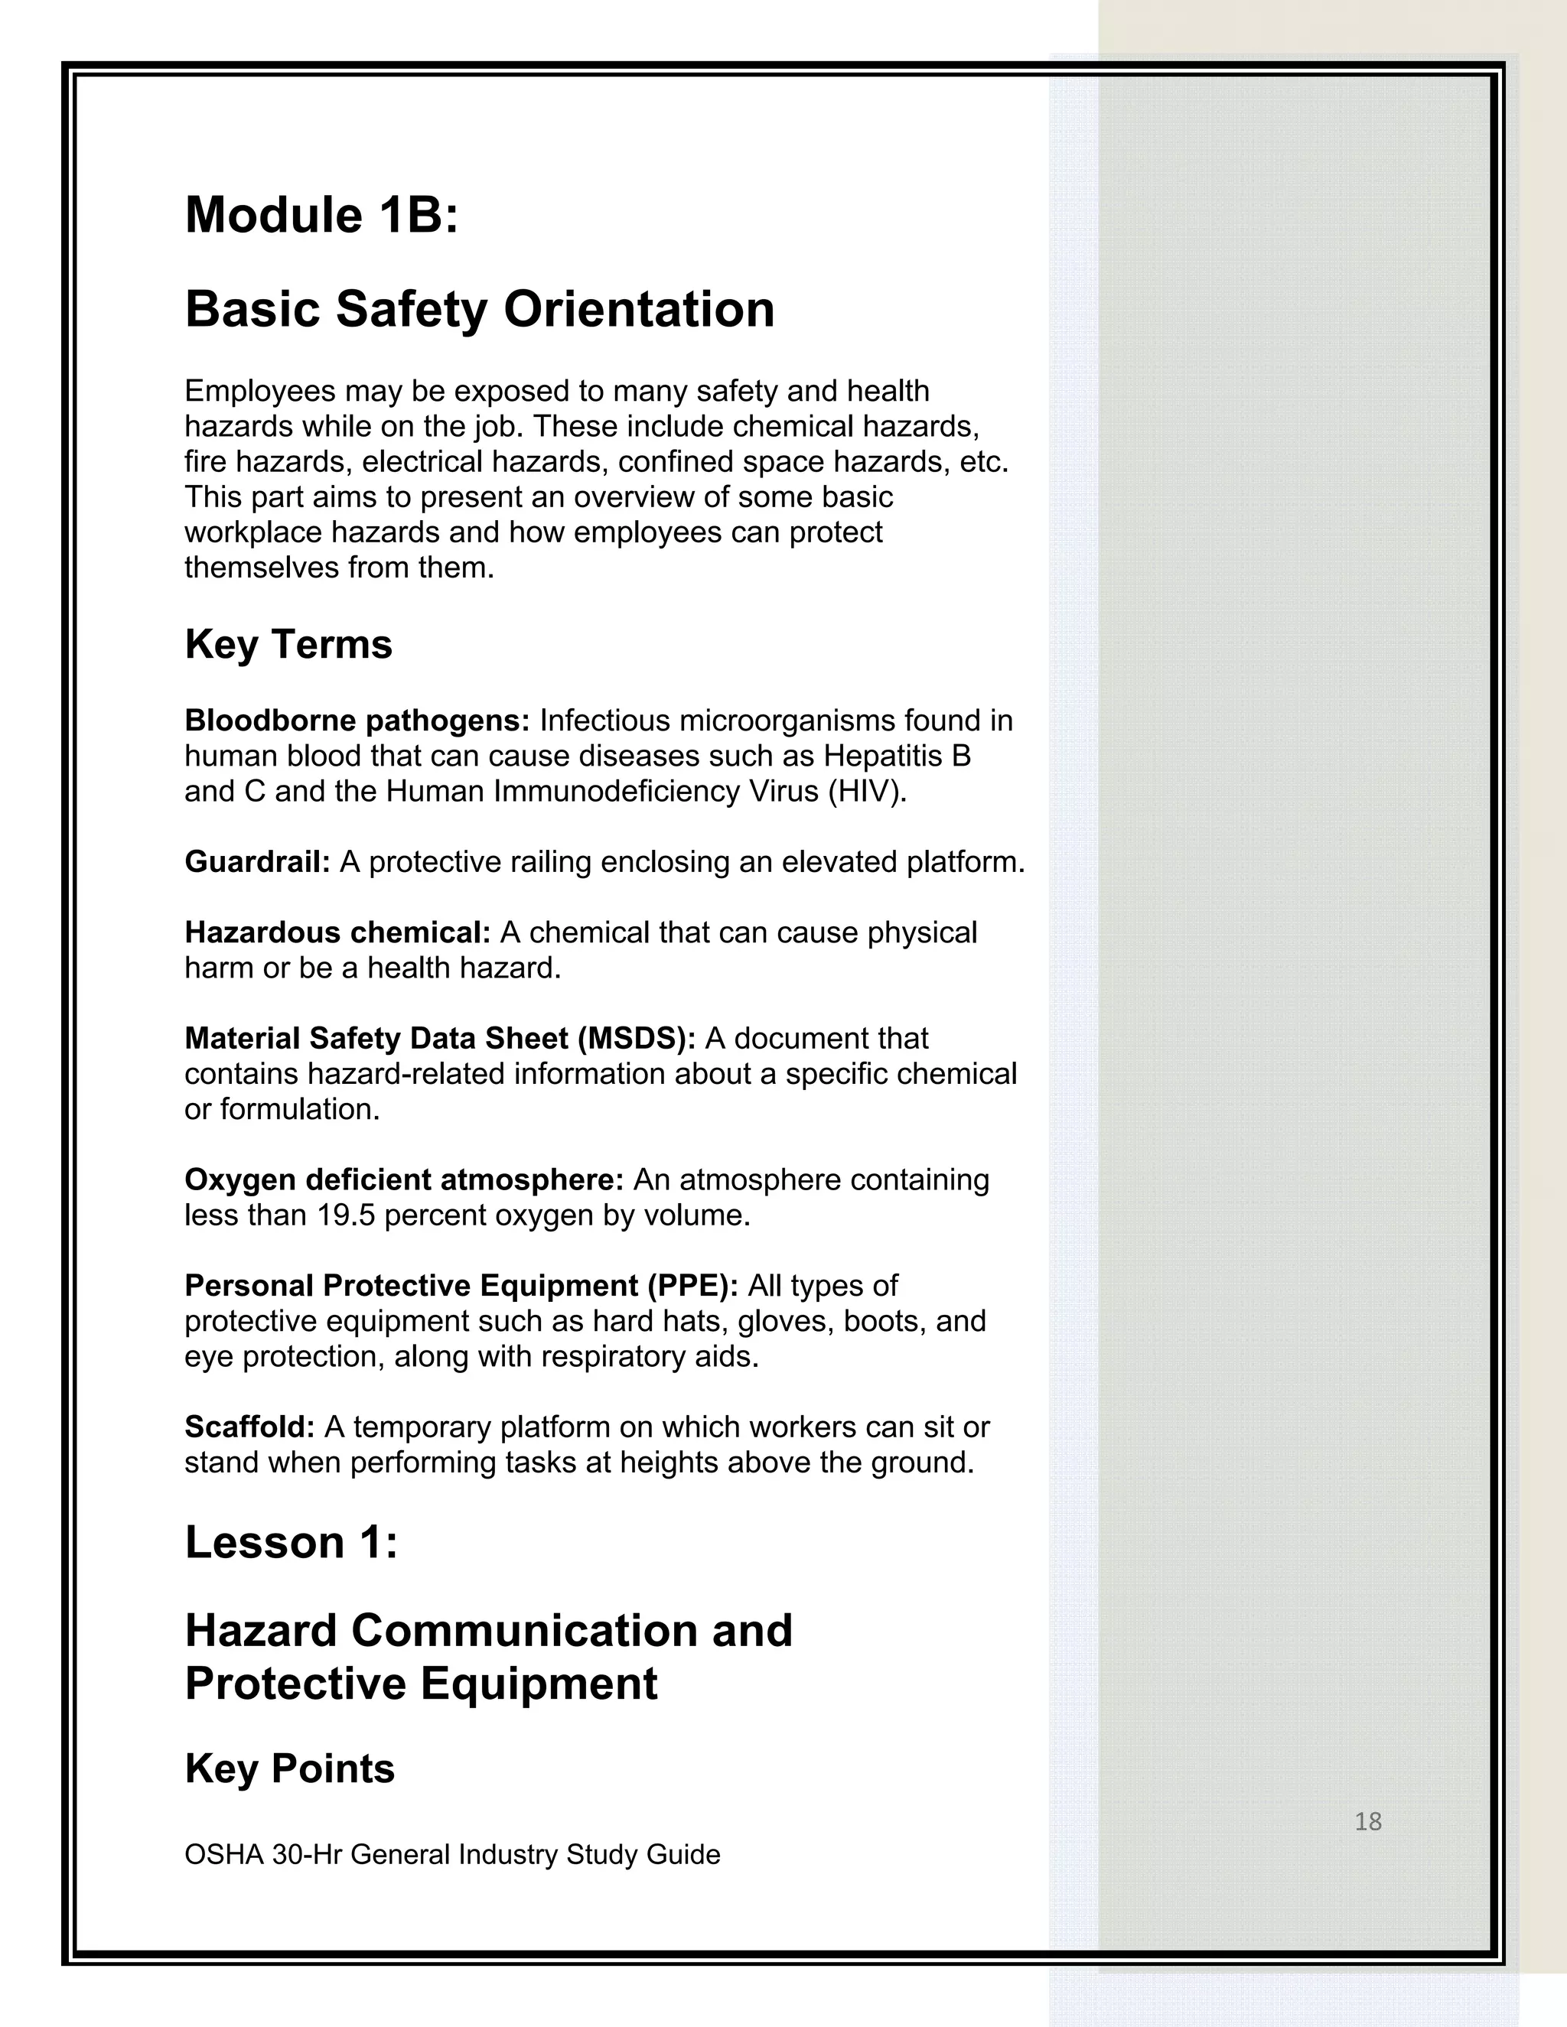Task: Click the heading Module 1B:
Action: coord(321,216)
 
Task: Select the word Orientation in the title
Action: coord(639,309)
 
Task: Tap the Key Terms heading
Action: coord(288,644)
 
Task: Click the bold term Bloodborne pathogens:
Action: coord(357,721)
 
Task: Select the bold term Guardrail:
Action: coord(257,862)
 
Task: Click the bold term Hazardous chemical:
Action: coord(337,932)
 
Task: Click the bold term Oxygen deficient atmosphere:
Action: coord(404,1179)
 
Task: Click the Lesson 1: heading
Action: coord(291,1543)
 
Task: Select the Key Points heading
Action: coord(290,1769)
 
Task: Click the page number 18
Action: coord(1367,1822)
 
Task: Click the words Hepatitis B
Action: coord(896,756)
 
